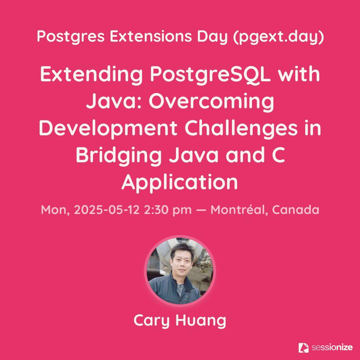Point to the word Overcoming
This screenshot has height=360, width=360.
[x=211, y=102]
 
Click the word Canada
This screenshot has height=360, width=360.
[x=296, y=210]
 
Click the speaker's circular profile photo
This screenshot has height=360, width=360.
[x=180, y=271]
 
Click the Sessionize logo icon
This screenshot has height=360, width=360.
[x=304, y=348]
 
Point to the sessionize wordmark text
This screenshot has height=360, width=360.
[x=332, y=348]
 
